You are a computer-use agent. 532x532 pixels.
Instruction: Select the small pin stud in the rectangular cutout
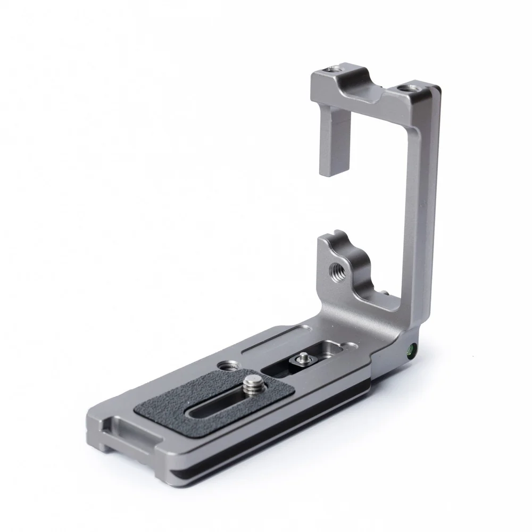pyautogui.click(x=303, y=357)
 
